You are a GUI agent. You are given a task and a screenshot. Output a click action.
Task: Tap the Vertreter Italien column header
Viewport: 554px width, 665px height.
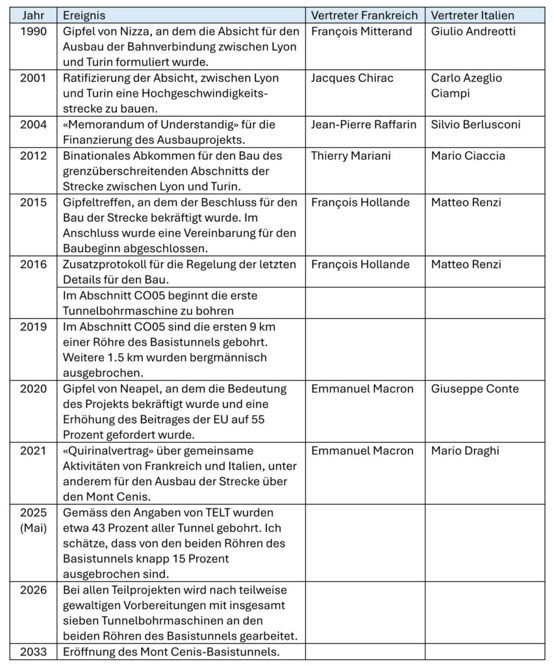point(472,15)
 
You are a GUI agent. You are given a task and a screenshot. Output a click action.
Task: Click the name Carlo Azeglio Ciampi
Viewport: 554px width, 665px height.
point(466,86)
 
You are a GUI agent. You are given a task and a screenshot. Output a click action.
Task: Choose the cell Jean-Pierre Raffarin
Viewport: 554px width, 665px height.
point(364,125)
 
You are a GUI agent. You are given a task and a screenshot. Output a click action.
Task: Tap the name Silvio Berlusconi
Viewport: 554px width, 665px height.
point(475,125)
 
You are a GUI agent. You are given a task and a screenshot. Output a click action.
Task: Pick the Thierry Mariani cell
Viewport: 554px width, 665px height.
point(349,156)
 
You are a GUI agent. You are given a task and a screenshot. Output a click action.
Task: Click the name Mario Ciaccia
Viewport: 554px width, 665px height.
point(468,156)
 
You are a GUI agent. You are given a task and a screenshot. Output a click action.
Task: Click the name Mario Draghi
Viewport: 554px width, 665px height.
point(462,451)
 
